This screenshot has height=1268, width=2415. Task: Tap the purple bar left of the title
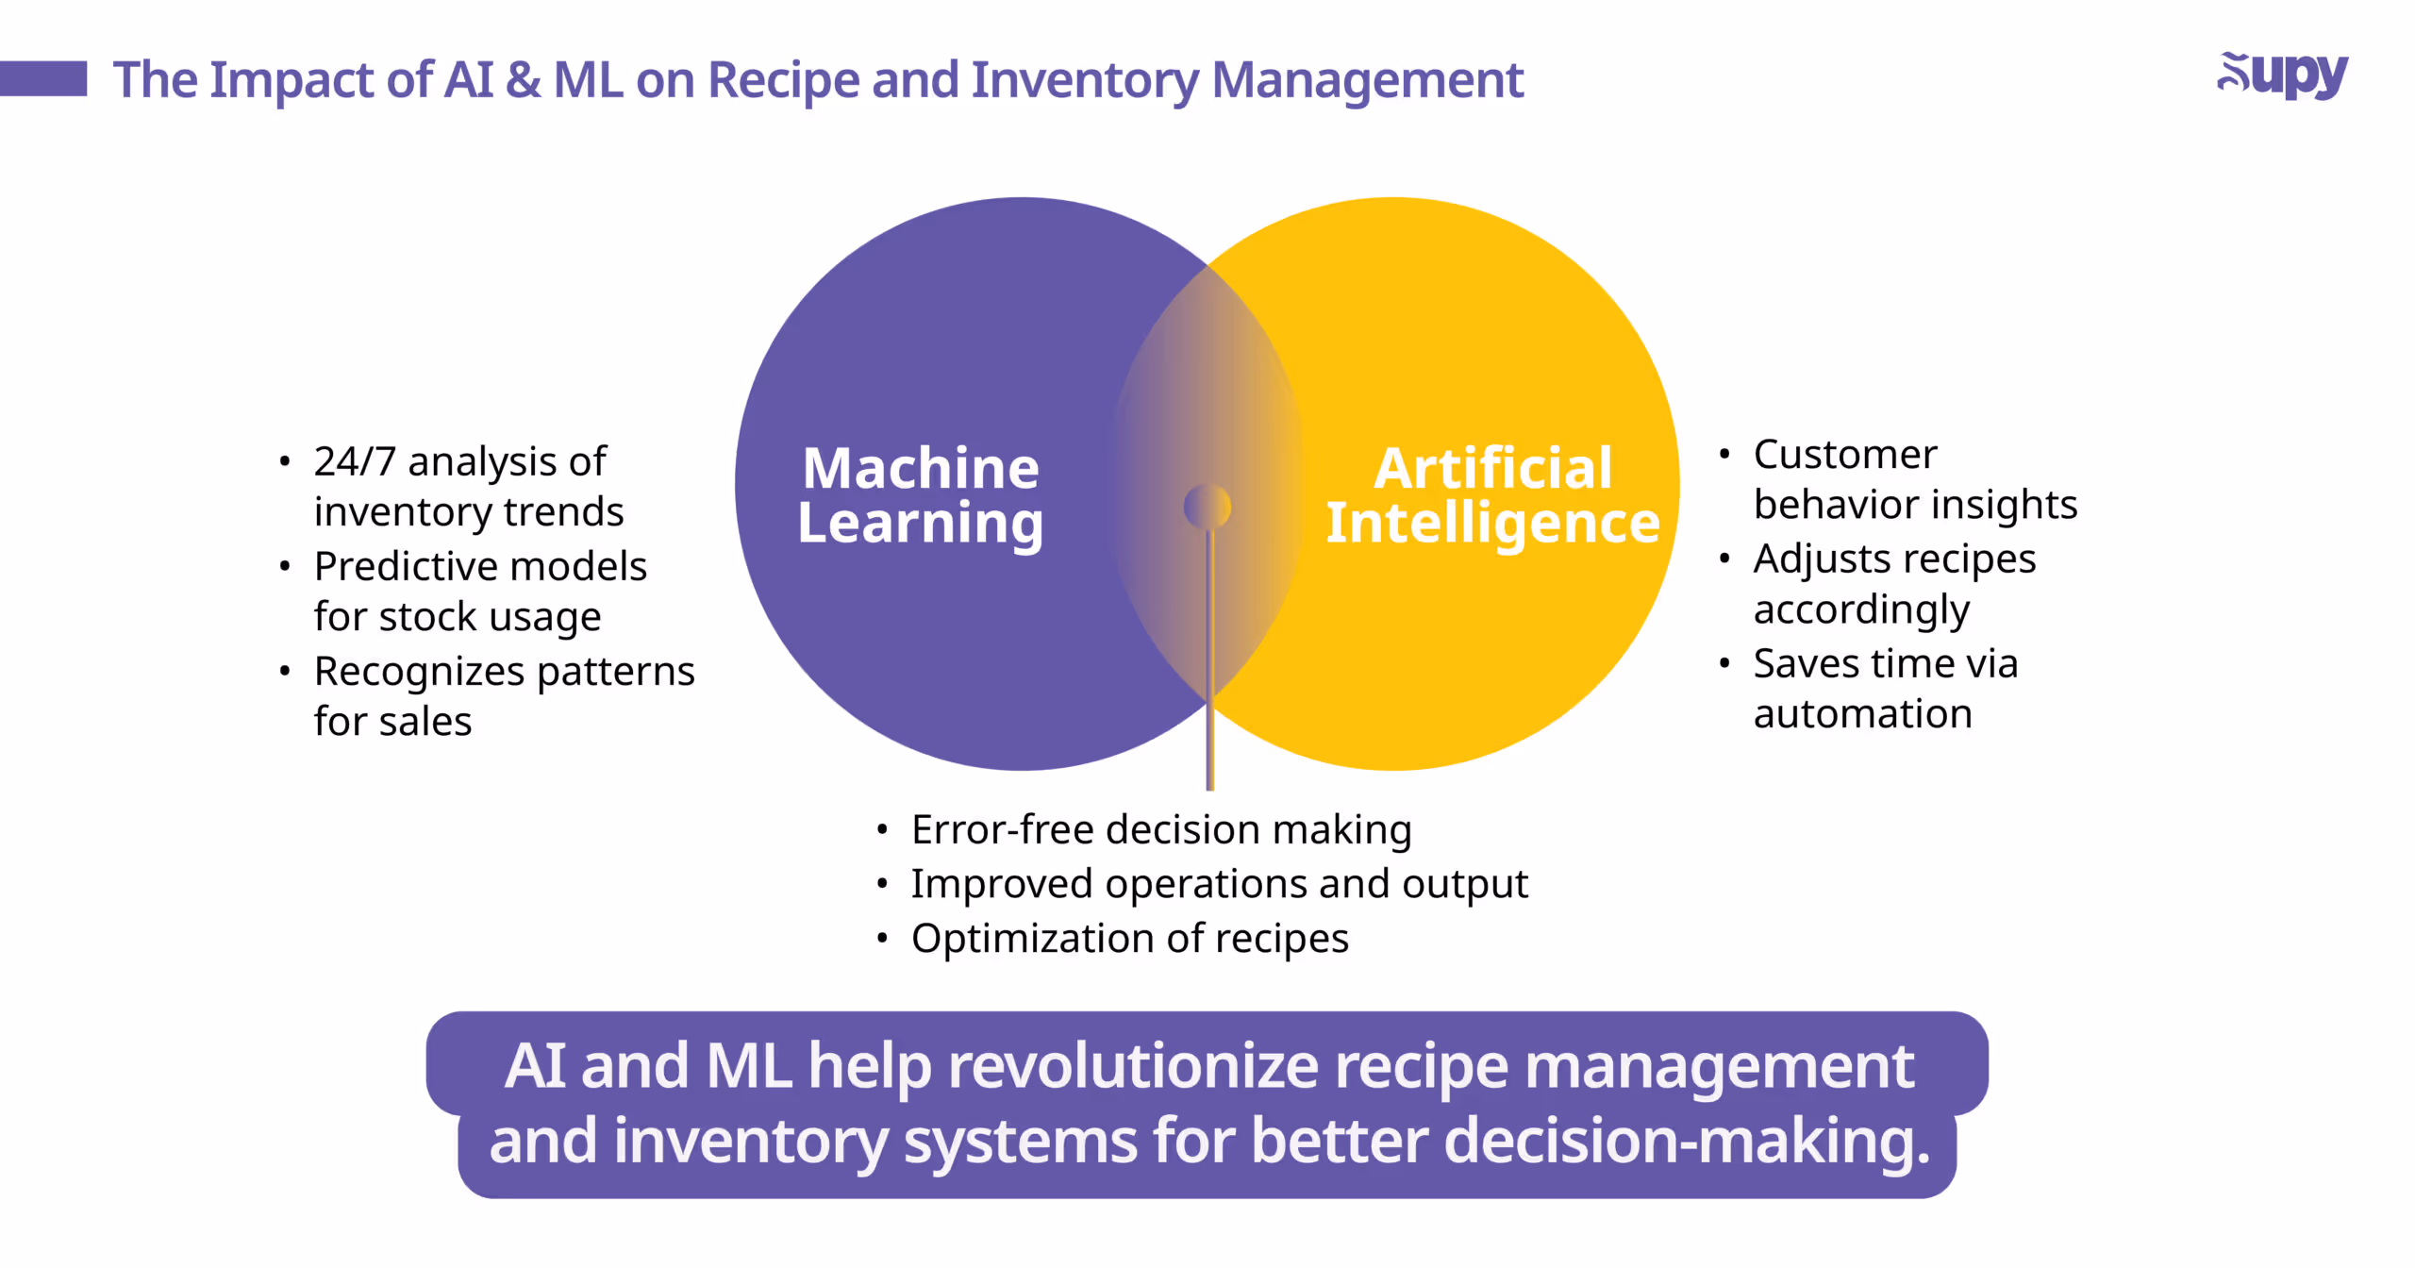pyautogui.click(x=43, y=78)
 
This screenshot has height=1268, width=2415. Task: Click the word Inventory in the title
pyautogui.click(x=1085, y=80)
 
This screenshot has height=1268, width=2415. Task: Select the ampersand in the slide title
pyautogui.click(x=522, y=80)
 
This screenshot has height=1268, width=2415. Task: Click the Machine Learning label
pyautogui.click(x=920, y=495)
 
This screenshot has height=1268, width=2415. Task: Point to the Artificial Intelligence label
pyautogui.click(x=1492, y=495)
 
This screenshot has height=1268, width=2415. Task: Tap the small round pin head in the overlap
pyautogui.click(x=1207, y=507)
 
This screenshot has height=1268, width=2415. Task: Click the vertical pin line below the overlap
pyautogui.click(x=1209, y=660)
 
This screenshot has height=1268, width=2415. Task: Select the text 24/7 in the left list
pyautogui.click(x=354, y=462)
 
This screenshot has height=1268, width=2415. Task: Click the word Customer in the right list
pyautogui.click(x=1844, y=455)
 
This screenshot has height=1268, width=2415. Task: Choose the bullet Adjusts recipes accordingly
pyautogui.click(x=1893, y=584)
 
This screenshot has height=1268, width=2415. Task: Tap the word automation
pyautogui.click(x=1862, y=714)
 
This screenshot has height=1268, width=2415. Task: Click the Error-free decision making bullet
pyautogui.click(x=1160, y=830)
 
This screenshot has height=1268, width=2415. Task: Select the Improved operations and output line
pyautogui.click(x=1218, y=884)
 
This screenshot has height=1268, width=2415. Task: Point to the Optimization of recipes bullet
pyautogui.click(x=1129, y=939)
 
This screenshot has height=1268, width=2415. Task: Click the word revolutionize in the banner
pyautogui.click(x=1132, y=1066)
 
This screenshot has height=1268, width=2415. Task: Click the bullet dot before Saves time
pyautogui.click(x=1724, y=663)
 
